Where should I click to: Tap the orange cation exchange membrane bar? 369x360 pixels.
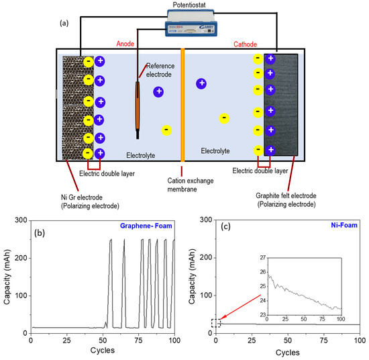182,104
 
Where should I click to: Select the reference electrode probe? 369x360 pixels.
138,106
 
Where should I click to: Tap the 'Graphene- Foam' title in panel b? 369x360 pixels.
146,226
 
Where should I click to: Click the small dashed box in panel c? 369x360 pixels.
215,323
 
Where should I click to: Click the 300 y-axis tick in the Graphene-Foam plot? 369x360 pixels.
21,220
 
